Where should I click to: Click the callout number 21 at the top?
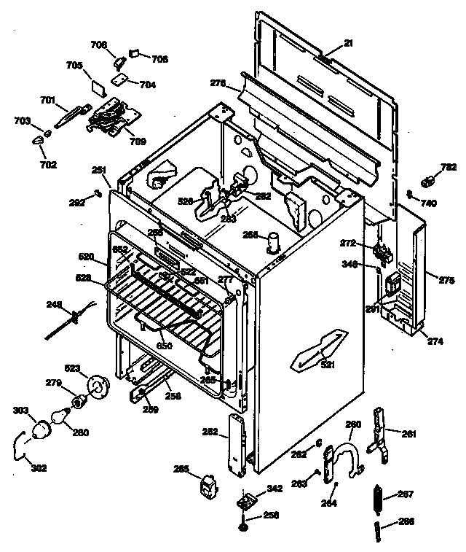(349, 43)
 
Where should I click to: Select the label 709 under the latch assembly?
(138, 141)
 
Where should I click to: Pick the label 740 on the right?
(429, 203)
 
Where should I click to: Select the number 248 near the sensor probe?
(55, 305)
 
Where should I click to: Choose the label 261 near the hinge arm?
(409, 435)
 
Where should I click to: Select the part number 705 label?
(74, 65)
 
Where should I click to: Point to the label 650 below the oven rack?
(165, 345)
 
